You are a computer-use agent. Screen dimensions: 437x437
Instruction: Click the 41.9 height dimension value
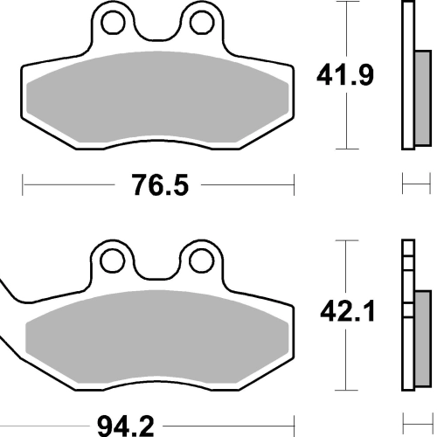345,75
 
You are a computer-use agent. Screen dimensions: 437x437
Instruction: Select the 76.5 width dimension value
160,185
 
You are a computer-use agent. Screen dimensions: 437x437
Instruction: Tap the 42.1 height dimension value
347,311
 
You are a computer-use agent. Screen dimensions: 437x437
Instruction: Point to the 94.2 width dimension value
125,427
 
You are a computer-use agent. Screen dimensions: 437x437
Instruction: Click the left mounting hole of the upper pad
114,23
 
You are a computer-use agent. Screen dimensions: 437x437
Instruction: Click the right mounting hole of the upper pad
202,23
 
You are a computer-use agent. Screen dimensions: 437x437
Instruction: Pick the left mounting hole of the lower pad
112,260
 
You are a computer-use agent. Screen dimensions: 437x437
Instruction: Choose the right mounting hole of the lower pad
201,260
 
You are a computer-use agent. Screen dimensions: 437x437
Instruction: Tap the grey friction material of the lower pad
156,336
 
